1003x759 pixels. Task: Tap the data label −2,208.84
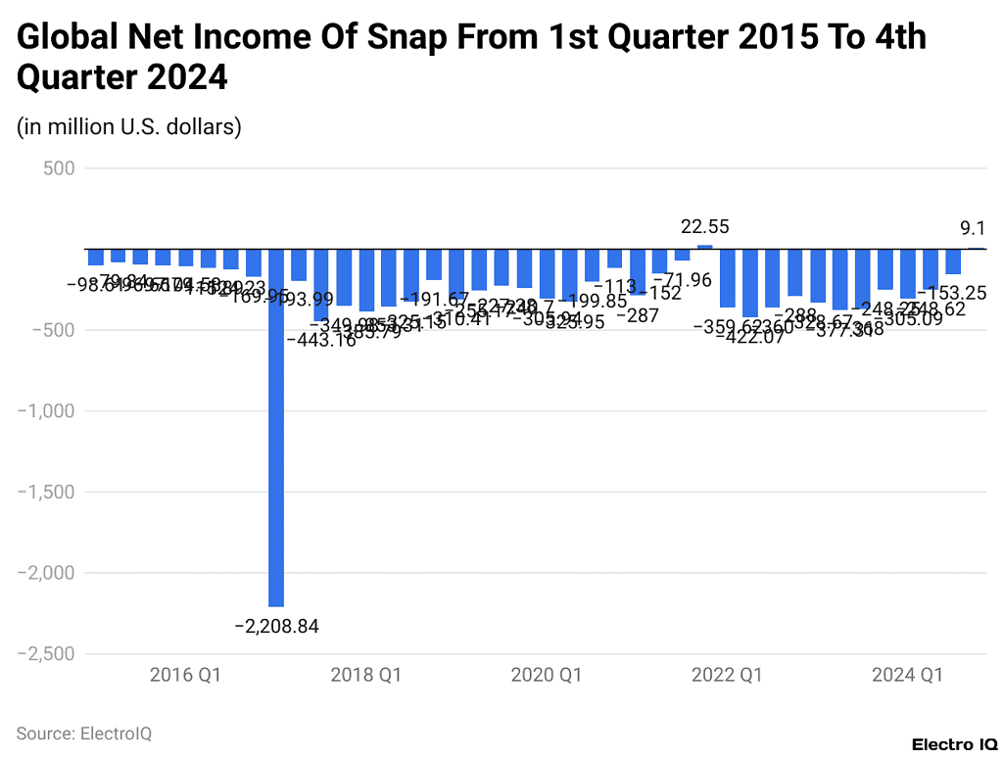tap(276, 626)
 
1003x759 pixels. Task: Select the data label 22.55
tap(704, 227)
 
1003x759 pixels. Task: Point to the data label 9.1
tap(972, 228)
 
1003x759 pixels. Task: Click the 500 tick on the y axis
tap(58, 168)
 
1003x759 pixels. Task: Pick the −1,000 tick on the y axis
tap(45, 411)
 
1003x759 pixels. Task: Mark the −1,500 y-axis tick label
tap(45, 492)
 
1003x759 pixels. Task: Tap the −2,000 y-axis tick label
tap(45, 573)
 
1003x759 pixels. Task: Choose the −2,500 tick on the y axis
tap(45, 653)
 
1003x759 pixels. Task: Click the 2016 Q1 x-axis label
tap(185, 676)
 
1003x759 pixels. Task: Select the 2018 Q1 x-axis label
tap(365, 676)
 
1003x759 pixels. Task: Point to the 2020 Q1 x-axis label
tap(547, 676)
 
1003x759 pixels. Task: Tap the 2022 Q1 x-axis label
tap(727, 676)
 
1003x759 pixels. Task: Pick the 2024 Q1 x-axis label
tap(907, 676)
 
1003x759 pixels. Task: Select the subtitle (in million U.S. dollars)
tap(128, 126)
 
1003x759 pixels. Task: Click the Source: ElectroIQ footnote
tap(84, 733)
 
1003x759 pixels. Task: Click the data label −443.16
tap(320, 341)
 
